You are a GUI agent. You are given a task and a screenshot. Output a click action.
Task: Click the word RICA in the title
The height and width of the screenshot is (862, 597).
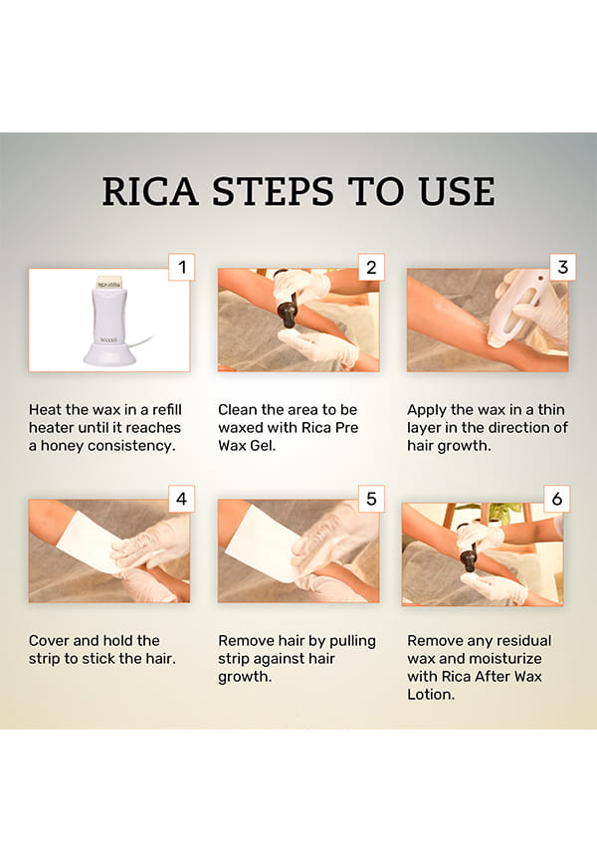click(150, 192)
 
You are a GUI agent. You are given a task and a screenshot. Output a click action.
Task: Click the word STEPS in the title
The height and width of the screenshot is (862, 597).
click(273, 192)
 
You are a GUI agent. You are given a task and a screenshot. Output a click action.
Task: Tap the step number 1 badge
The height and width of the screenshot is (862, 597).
click(181, 267)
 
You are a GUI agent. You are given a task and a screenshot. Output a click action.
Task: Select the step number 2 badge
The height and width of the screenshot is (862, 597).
click(371, 267)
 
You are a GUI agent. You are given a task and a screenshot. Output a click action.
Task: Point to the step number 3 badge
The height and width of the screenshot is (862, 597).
click(562, 267)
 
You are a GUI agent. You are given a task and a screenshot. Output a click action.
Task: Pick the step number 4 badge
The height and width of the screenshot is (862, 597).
click(181, 499)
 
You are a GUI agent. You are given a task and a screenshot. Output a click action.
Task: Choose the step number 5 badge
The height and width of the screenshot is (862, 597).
click(371, 499)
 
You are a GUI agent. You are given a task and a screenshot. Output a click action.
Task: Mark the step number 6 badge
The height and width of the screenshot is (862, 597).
click(557, 499)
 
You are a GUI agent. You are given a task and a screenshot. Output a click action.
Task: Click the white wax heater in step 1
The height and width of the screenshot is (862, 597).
click(109, 322)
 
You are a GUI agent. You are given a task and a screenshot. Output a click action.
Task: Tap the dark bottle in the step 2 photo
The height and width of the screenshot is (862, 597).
click(289, 314)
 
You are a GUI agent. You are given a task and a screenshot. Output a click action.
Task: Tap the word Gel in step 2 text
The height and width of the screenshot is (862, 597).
click(263, 446)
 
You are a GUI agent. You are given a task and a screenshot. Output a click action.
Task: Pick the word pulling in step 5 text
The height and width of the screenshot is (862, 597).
click(352, 642)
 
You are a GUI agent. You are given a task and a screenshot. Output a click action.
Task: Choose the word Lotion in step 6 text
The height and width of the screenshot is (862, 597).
click(431, 695)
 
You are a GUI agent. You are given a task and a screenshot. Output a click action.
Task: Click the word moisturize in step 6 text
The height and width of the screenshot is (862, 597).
click(506, 659)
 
